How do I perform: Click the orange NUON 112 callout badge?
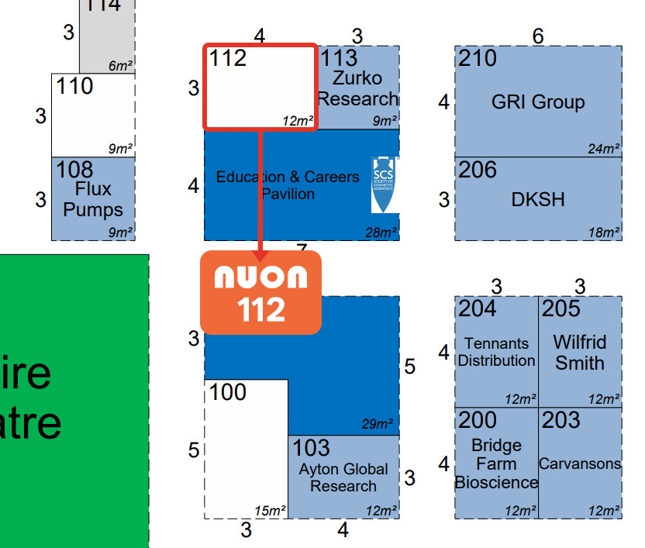(260, 292)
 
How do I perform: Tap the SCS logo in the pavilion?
(384, 184)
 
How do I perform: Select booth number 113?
(340, 57)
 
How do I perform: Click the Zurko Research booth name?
(357, 88)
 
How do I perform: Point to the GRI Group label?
(538, 102)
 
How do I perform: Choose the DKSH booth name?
(538, 199)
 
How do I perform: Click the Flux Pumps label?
(93, 199)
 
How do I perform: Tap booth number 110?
(74, 85)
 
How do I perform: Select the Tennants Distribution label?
(496, 352)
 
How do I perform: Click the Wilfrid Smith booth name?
(580, 352)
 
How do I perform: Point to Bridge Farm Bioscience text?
(496, 464)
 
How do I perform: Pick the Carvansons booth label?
(580, 464)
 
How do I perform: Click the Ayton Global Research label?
(343, 477)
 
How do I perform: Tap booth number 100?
(228, 391)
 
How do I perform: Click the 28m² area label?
(381, 233)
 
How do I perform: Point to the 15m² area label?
(270, 511)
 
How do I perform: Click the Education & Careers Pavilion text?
(288, 185)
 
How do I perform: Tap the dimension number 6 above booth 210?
(538, 36)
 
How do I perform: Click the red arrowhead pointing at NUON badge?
(260, 255)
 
